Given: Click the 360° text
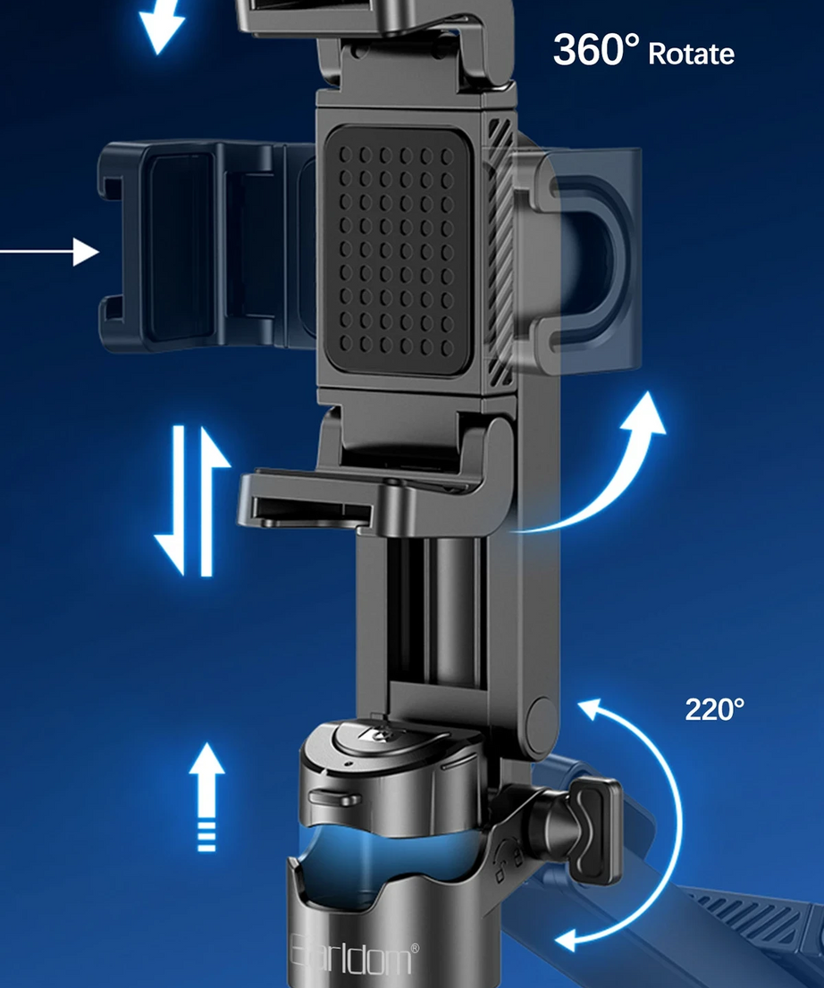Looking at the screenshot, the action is (x=596, y=49).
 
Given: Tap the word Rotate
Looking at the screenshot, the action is (x=691, y=54).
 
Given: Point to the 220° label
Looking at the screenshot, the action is (x=714, y=709).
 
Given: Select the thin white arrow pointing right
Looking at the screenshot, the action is (x=49, y=251).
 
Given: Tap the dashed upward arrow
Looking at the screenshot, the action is (x=206, y=797).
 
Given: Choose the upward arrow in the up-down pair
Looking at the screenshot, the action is (x=211, y=501).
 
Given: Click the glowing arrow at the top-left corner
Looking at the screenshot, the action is (x=162, y=25).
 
